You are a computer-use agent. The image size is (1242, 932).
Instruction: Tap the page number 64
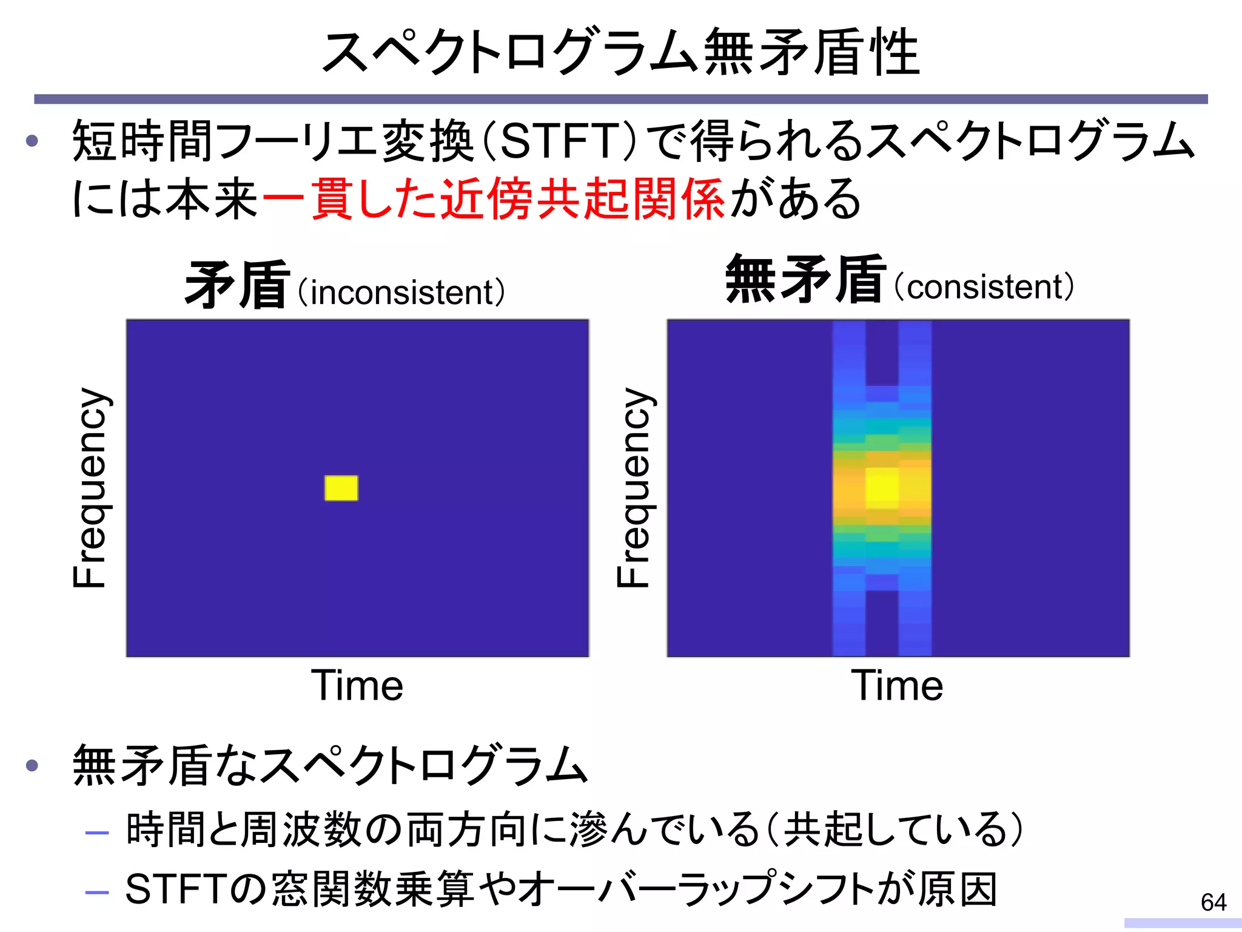[x=1213, y=902]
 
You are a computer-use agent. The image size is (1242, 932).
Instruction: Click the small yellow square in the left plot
[x=341, y=488]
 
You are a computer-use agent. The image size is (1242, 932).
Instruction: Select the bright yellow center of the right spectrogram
[x=882, y=487]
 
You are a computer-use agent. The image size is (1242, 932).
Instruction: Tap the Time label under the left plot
[x=357, y=686]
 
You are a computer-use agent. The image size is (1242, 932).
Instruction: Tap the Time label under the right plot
[x=897, y=686]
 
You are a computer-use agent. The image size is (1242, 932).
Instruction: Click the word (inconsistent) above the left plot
[x=402, y=292]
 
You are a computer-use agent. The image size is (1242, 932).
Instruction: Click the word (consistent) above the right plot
[x=984, y=287]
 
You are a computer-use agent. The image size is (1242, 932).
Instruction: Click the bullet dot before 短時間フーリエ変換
[x=33, y=141]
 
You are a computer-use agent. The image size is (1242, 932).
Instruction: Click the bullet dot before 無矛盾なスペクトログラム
[x=33, y=765]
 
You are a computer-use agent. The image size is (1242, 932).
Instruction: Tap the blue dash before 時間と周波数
[x=97, y=833]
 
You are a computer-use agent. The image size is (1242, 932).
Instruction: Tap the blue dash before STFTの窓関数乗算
[x=97, y=892]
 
